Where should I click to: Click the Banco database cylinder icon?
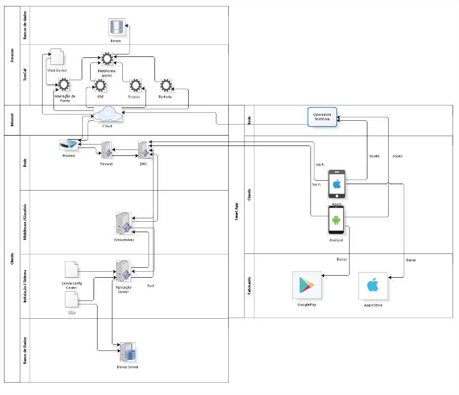[116, 27]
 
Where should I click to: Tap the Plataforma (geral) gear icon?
[106, 59]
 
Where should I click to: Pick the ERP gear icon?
[101, 86]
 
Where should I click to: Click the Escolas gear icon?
[135, 86]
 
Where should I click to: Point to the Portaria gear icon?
[165, 86]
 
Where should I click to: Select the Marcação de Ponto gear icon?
[64, 85]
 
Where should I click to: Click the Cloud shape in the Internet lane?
[107, 115]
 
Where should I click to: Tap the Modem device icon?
[68, 145]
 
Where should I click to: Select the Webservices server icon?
[123, 224]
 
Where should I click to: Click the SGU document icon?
[72, 299]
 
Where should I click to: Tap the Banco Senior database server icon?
[128, 353]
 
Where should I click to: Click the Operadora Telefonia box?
[322, 116]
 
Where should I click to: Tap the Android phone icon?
[336, 220]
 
